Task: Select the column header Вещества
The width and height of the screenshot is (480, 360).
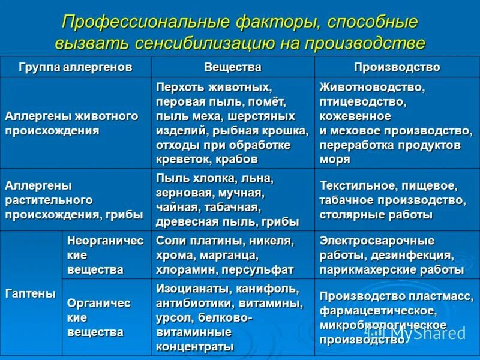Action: point(233,67)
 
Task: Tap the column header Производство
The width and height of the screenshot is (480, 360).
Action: point(397,67)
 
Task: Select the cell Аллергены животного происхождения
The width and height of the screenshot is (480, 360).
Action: point(71,123)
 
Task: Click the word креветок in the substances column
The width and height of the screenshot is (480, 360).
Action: point(181,159)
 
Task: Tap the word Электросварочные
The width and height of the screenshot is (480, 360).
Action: point(377,241)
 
